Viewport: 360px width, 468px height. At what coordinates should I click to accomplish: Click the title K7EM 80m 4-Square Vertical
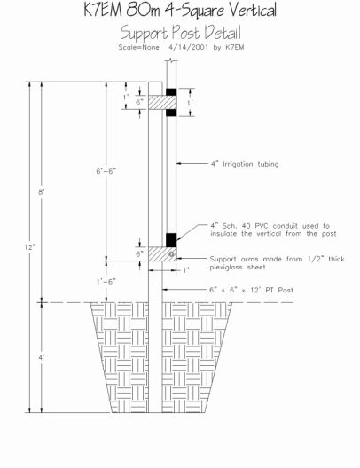pos(180,10)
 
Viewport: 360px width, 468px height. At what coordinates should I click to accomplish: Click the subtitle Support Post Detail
pos(181,32)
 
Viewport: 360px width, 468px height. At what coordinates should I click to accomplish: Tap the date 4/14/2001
pos(188,47)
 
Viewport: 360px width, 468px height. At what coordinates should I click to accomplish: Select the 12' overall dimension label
pos(30,246)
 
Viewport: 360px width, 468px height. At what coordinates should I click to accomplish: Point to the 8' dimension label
pos(41,192)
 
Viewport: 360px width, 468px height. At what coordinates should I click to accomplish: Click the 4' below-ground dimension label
pos(41,357)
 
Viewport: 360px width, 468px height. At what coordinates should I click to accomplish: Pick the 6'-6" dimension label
pos(106,171)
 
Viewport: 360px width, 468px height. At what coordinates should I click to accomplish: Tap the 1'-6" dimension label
pos(106,282)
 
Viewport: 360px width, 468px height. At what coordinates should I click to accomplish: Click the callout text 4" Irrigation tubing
pos(245,164)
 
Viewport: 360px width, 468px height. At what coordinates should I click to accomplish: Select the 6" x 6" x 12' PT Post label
pos(251,290)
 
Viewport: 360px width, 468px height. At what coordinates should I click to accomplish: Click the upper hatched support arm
pos(162,103)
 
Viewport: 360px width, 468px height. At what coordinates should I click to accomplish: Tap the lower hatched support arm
pos(162,254)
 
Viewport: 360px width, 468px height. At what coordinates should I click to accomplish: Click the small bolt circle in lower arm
pos(171,254)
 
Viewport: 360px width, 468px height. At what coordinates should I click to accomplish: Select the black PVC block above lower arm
pos(171,240)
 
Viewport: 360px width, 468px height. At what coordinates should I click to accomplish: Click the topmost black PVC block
pos(171,92)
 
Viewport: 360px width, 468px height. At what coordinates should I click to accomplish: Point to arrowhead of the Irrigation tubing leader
pos(178,163)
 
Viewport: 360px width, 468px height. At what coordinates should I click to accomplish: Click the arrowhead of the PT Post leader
pos(165,290)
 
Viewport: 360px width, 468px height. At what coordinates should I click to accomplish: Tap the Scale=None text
pos(139,47)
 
